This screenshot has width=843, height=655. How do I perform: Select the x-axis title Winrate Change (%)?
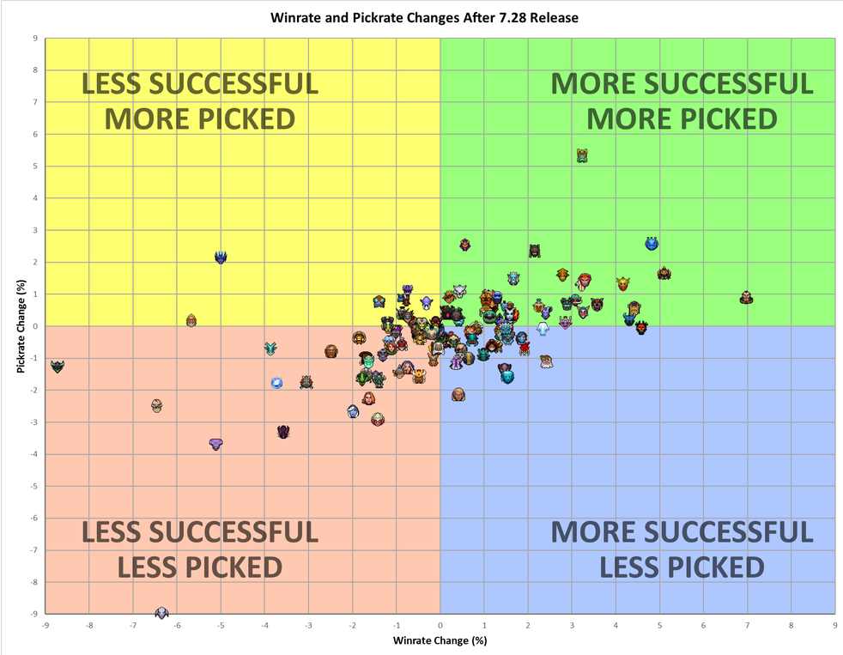pos(440,640)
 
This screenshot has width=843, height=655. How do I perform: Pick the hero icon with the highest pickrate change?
pos(582,155)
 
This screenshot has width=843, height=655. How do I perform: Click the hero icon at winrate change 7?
pos(747,297)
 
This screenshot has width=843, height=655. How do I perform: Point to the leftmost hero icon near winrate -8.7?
pos(58,367)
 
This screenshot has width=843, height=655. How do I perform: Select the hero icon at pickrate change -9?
pos(161,613)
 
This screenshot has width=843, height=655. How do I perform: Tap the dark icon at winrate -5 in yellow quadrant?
pos(221,257)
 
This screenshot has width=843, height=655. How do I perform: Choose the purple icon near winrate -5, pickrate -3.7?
pos(215,444)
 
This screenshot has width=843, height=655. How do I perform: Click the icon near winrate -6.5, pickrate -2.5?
pos(156,405)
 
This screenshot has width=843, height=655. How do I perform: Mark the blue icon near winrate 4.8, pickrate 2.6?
pos(652,244)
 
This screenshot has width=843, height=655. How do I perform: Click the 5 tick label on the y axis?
pos(34,167)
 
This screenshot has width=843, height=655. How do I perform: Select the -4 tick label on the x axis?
pos(264,627)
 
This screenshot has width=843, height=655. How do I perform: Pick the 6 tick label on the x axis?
pos(703,627)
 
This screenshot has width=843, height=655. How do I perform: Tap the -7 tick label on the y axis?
pos(33,550)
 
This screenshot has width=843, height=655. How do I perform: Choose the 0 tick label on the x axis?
pos(440,627)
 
